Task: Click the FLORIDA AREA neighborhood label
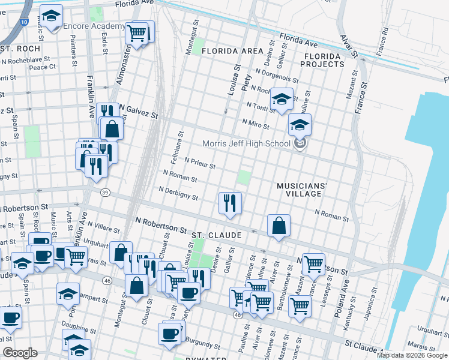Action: [x=232, y=52]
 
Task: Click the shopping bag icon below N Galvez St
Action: [x=112, y=128]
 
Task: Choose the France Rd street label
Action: [x=382, y=39]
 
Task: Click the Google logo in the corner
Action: [x=20, y=353]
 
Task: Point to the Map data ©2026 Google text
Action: [x=412, y=355]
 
